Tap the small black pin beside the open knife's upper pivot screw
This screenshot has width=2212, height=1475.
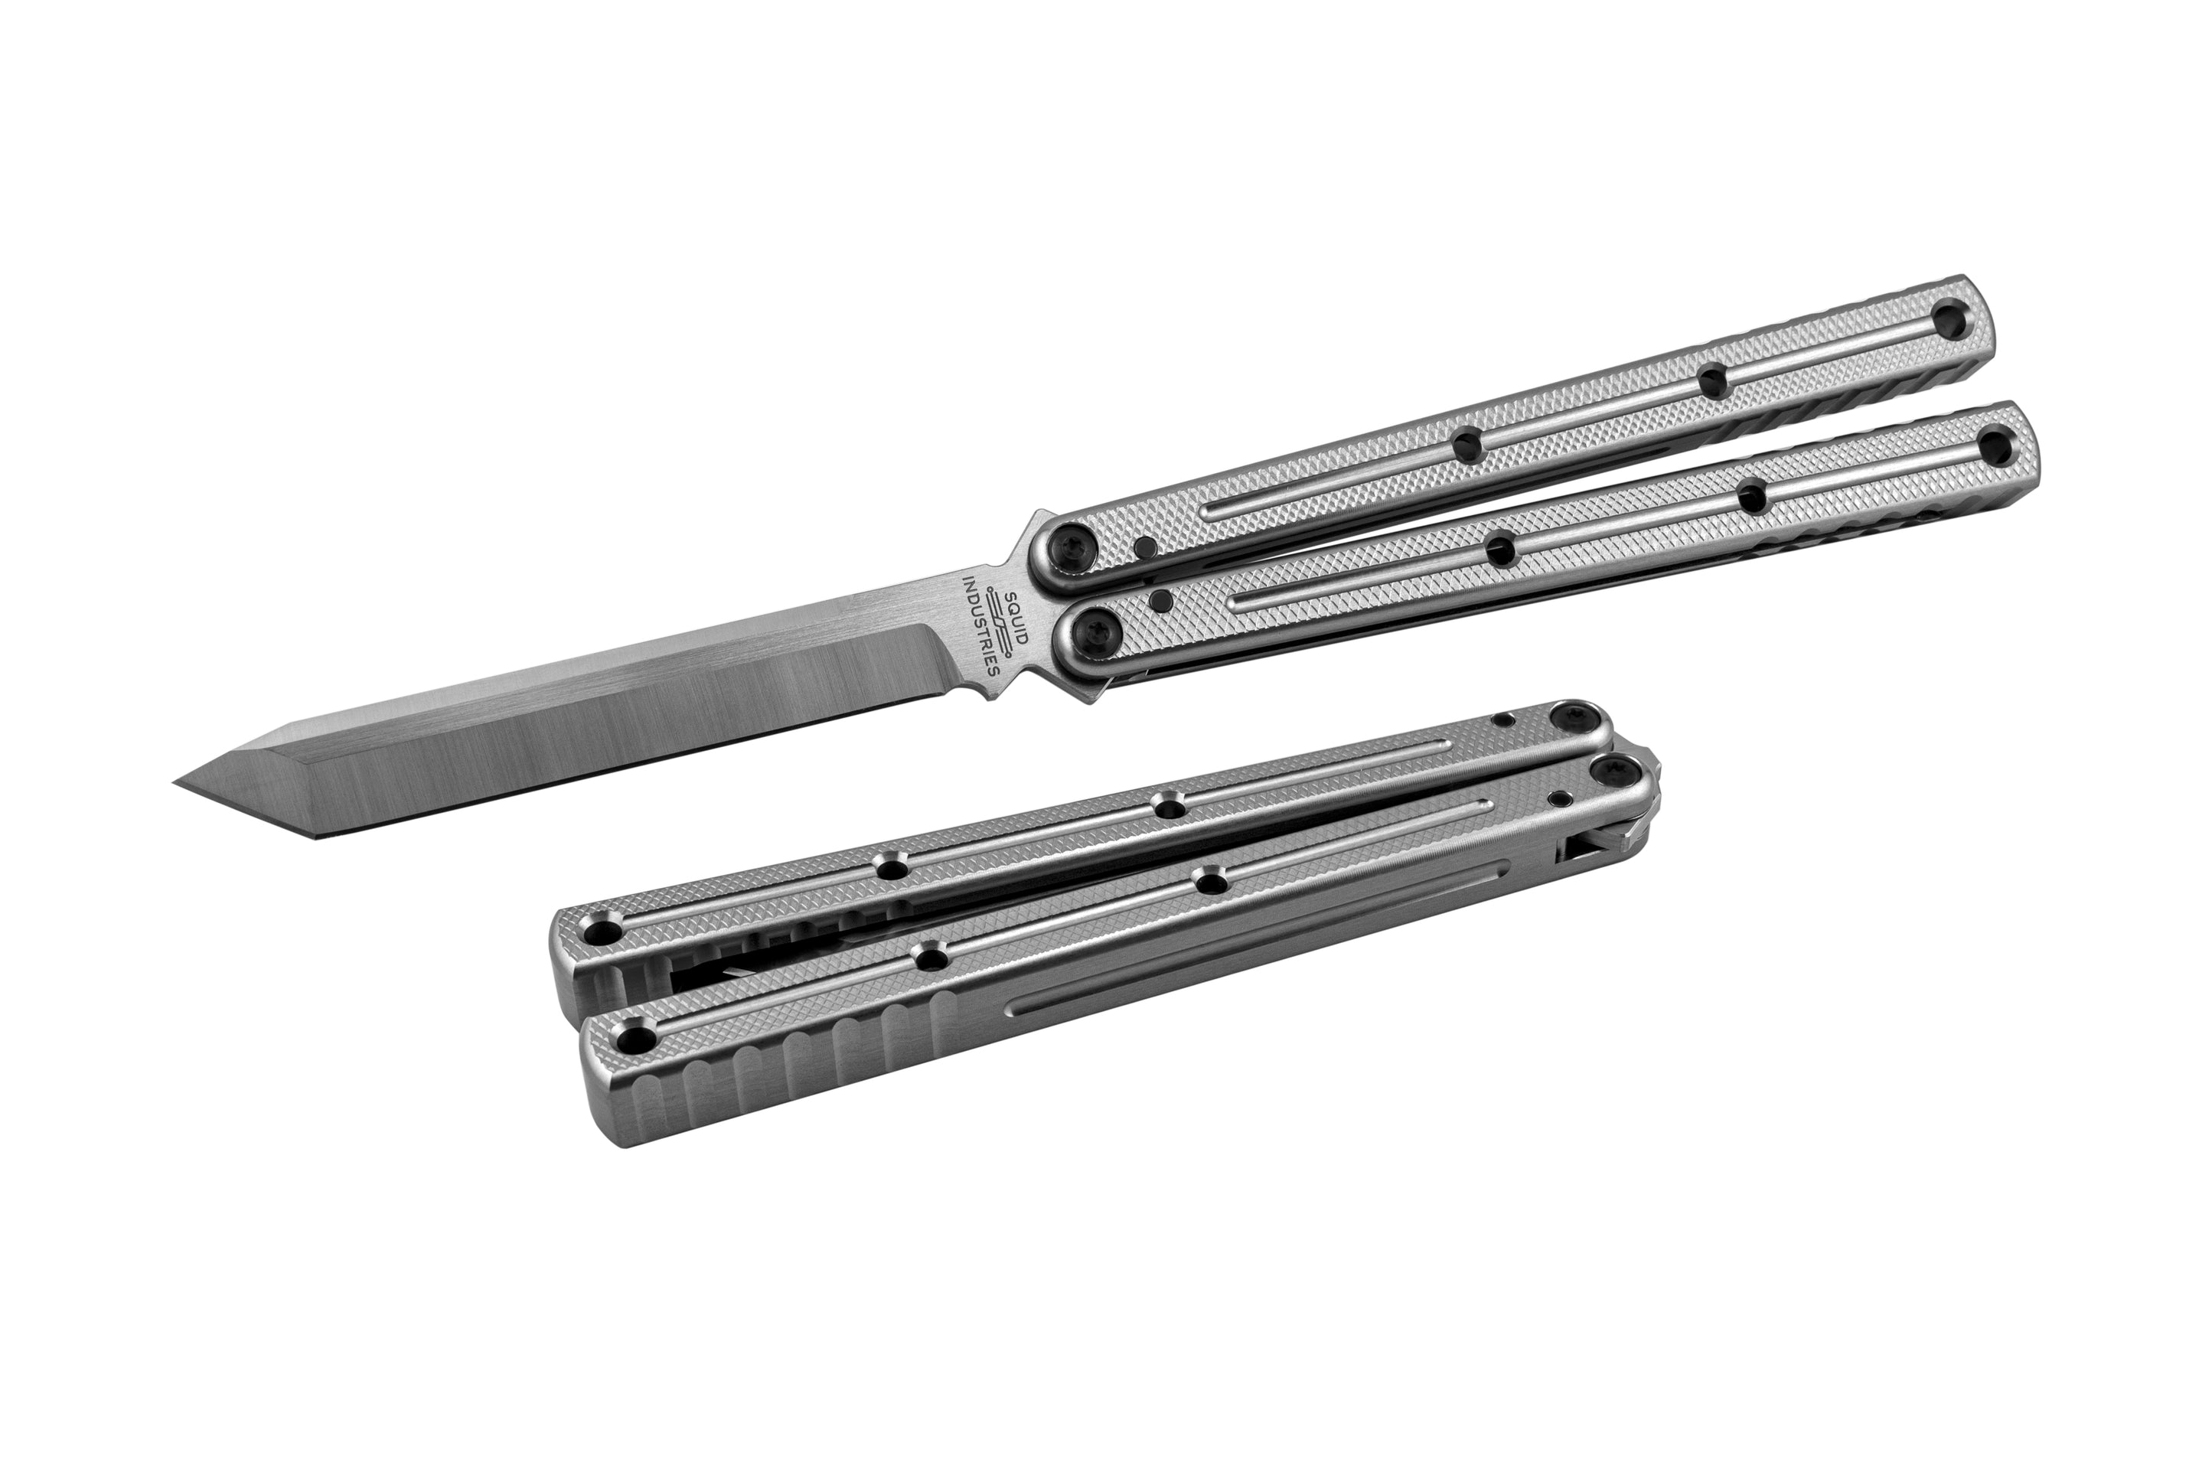1144,547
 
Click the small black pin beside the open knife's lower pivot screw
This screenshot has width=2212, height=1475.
1160,600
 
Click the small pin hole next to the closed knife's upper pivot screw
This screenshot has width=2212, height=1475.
1504,720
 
